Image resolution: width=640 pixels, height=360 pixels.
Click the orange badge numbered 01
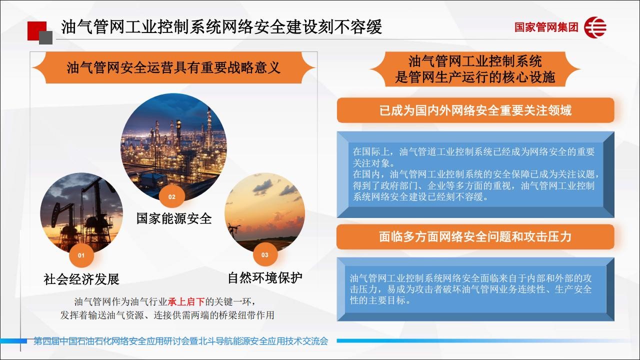click(x=81, y=255)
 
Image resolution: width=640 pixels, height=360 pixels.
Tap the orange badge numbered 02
click(x=171, y=196)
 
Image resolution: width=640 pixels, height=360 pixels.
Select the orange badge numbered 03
click(x=265, y=254)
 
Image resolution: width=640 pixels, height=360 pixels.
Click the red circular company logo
click(x=595, y=27)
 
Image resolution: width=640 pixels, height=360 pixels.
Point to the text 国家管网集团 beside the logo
click(x=546, y=27)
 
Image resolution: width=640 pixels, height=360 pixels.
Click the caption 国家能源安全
click(x=173, y=218)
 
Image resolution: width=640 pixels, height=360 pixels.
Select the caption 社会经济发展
click(x=81, y=279)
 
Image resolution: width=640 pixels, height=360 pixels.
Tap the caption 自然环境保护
click(x=265, y=277)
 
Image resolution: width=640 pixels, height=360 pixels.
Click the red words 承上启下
click(x=186, y=301)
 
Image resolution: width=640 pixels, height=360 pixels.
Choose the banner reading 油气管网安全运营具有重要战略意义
click(x=173, y=67)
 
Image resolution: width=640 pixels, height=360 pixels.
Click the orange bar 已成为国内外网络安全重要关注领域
click(x=475, y=110)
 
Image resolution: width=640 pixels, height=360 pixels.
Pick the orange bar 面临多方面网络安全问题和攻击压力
click(x=475, y=237)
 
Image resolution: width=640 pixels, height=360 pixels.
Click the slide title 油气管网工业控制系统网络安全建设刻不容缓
click(x=221, y=27)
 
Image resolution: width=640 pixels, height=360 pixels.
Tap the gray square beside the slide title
click(x=45, y=37)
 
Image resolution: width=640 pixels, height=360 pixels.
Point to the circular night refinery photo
click(x=173, y=147)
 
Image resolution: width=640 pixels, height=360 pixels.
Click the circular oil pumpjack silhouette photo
click(x=81, y=213)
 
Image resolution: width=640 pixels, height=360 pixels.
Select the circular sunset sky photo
click(x=265, y=213)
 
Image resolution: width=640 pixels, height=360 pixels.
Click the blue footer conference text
click(x=181, y=341)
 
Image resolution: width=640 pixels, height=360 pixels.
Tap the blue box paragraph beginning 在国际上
click(x=475, y=174)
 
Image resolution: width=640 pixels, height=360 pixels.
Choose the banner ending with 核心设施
click(x=475, y=69)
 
